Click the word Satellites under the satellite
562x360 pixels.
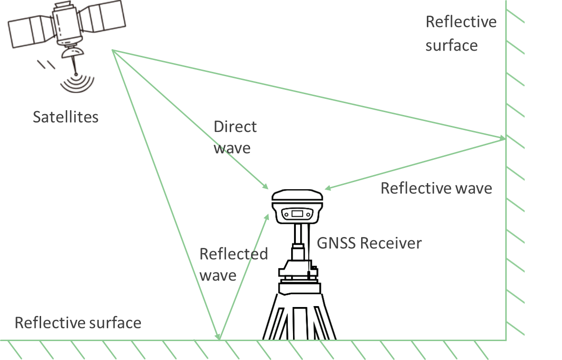(65, 117)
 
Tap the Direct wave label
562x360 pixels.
(235, 137)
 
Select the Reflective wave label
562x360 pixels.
(436, 188)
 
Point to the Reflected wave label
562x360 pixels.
(233, 264)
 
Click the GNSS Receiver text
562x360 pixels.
(369, 243)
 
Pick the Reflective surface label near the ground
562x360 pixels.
(78, 323)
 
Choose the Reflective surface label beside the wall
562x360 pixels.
(461, 34)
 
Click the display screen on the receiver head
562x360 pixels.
(297, 213)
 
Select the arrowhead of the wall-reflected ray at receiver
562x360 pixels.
(327, 188)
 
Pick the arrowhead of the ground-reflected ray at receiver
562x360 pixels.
(268, 216)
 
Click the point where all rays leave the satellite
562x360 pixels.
(112, 50)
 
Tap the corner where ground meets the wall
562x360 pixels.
(506, 340)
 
